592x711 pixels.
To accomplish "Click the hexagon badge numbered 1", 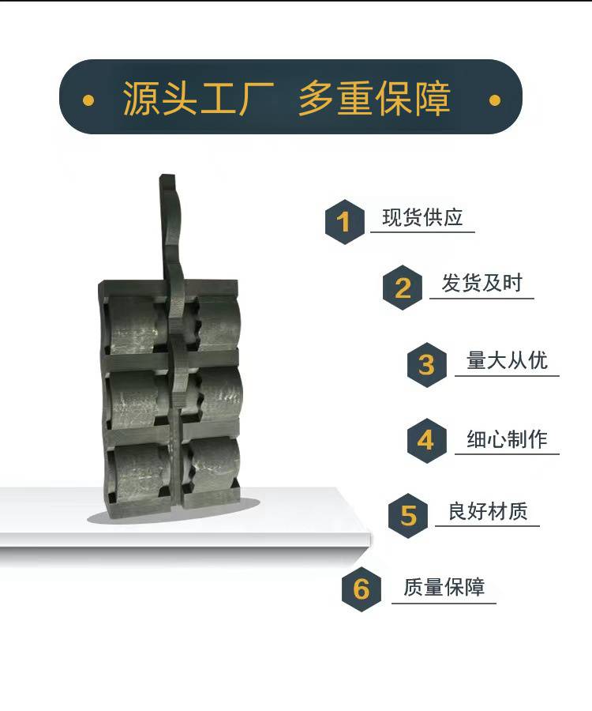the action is (345, 222).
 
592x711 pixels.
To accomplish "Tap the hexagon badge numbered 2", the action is (403, 288).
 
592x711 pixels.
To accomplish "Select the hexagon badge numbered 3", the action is (427, 364).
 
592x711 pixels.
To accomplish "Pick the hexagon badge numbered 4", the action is (427, 440).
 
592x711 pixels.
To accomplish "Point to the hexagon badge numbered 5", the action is (408, 516).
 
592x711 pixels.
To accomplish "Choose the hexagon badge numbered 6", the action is (362, 589).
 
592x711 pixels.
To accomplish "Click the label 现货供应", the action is (422, 218).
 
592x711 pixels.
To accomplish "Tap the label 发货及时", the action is (482, 284).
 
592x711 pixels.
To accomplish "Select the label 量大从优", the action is (507, 360).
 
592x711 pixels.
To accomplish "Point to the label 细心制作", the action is (507, 439).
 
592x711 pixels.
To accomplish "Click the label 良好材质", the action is (488, 511).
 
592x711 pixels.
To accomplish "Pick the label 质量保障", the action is (444, 587).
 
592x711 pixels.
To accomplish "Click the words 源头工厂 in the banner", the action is (198, 98).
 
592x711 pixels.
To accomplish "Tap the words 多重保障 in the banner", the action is (374, 98).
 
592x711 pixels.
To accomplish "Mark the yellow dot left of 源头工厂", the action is (88, 100).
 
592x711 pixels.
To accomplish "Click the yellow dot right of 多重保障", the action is (495, 100).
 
